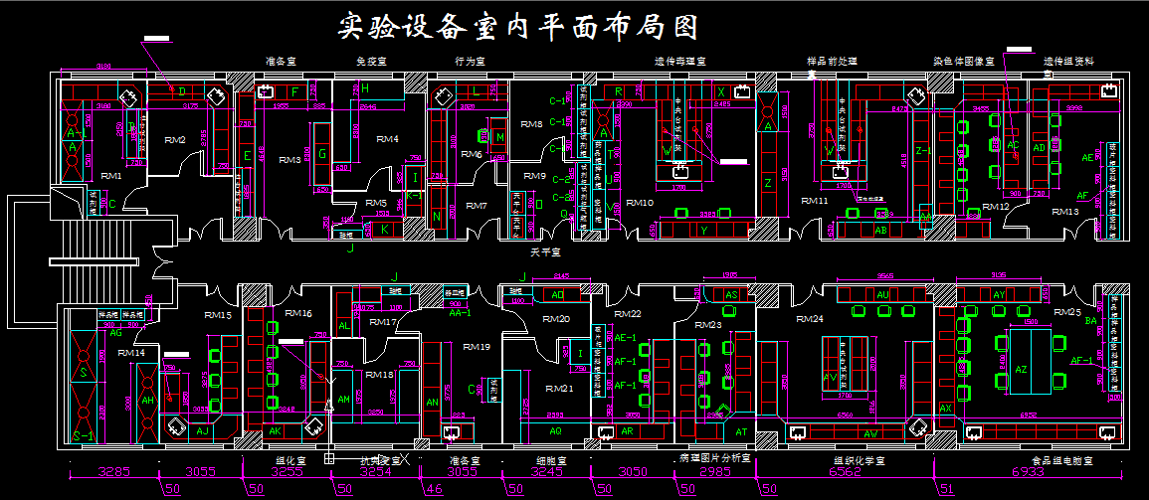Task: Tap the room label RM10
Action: pyautogui.click(x=640, y=203)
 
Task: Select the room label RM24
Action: pyautogui.click(x=810, y=320)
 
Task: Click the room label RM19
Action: pyautogui.click(x=477, y=346)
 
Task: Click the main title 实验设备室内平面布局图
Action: pyautogui.click(x=516, y=26)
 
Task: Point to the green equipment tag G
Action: pyautogui.click(x=321, y=153)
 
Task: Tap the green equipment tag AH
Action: pyautogui.click(x=148, y=400)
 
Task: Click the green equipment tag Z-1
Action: pyautogui.click(x=921, y=150)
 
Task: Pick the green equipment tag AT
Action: pyautogui.click(x=741, y=431)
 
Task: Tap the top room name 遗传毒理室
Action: pyautogui.click(x=679, y=62)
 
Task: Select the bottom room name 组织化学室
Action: pyautogui.click(x=858, y=460)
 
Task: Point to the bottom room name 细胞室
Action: pyautogui.click(x=551, y=460)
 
